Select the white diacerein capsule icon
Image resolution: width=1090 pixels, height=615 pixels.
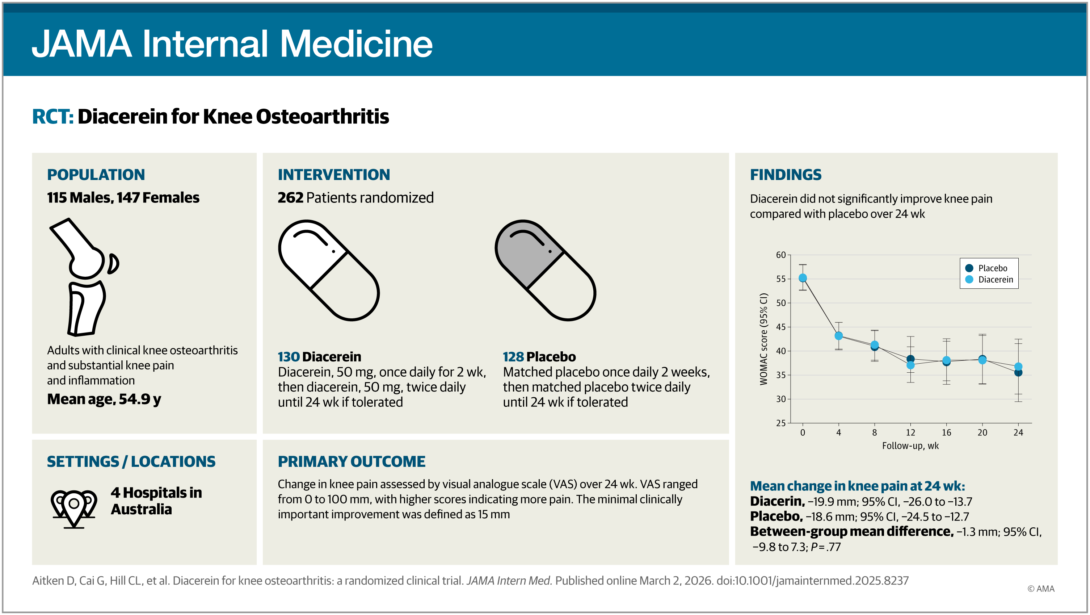click(x=329, y=270)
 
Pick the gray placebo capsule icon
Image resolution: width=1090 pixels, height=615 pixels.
click(x=546, y=270)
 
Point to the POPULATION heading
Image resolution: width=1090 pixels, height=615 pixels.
click(x=96, y=174)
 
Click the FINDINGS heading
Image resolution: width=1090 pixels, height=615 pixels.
click(x=785, y=174)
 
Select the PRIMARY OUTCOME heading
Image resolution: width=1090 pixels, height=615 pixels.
click(x=352, y=461)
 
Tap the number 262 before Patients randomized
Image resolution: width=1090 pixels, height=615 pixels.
click(x=290, y=198)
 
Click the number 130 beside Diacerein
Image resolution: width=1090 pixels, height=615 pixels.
click(x=289, y=357)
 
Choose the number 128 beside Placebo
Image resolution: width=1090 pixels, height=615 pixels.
click(x=513, y=357)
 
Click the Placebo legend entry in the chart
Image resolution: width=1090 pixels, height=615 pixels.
click(x=988, y=268)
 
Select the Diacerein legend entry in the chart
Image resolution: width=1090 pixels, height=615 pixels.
click(x=990, y=279)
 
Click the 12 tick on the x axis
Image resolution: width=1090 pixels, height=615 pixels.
click(x=910, y=432)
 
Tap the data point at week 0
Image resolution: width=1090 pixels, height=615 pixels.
click(x=803, y=278)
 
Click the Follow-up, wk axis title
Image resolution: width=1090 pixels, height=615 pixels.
click(x=910, y=446)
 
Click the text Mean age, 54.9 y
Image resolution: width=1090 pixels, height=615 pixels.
click(x=104, y=399)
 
